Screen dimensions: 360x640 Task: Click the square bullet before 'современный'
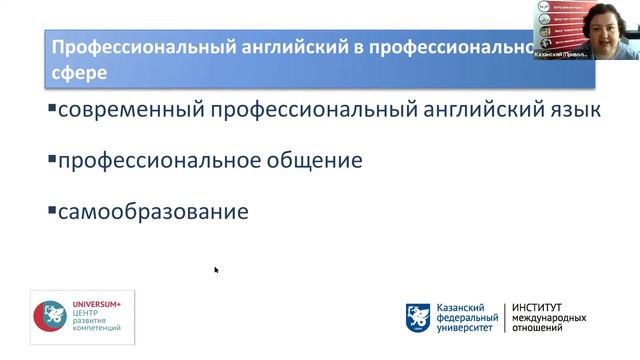point(52,107)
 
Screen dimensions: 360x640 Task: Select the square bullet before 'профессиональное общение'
point(52,157)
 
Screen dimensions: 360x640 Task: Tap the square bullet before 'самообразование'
point(52,209)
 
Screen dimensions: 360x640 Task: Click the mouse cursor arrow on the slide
point(216,269)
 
